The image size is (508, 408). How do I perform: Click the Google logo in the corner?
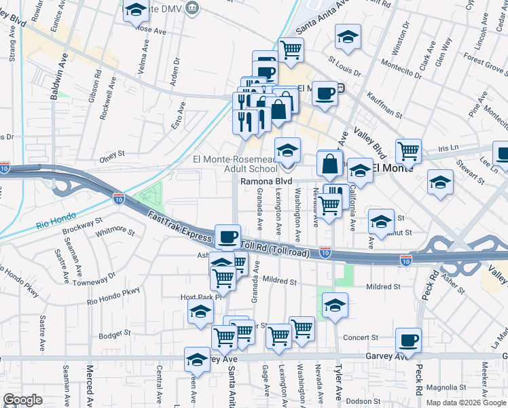click(x=23, y=399)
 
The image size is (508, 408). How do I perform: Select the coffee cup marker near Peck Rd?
click(x=408, y=341)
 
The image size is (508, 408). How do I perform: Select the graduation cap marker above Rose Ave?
click(x=137, y=12)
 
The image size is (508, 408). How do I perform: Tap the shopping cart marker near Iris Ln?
click(x=408, y=151)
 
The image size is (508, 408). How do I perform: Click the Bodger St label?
click(x=114, y=334)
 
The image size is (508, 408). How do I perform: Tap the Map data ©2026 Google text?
click(x=466, y=402)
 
